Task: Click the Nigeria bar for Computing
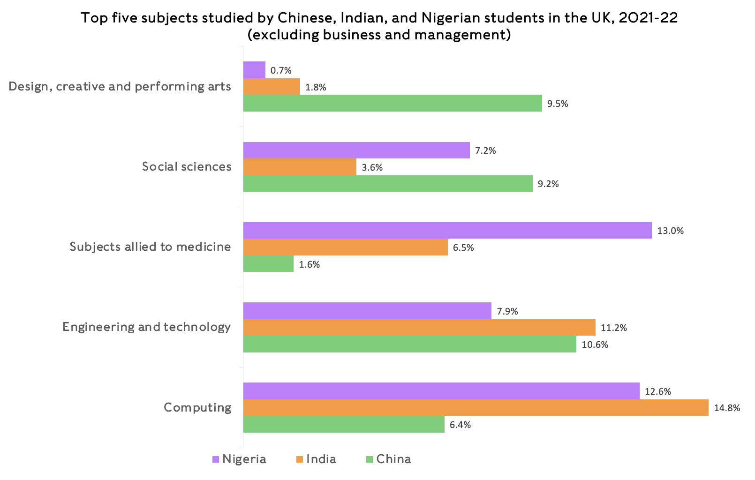[x=441, y=391]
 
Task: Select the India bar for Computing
[x=476, y=408]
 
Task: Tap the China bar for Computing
[x=343, y=425]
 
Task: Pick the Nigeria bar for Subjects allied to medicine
[x=447, y=231]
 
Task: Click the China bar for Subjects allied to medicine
[x=268, y=264]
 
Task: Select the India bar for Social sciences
[x=300, y=167]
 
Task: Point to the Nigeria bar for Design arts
[x=254, y=70]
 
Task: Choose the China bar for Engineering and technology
[x=409, y=344]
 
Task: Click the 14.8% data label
[x=727, y=408]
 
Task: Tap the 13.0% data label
[x=670, y=231]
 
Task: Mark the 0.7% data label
[x=281, y=70]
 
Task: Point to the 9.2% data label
[x=548, y=184]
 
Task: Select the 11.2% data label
[x=614, y=328]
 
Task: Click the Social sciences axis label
[x=187, y=166]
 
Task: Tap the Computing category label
[x=197, y=407]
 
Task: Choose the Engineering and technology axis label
[x=146, y=327]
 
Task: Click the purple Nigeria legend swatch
[x=216, y=459]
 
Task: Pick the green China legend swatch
[x=369, y=459]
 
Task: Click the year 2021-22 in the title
[x=648, y=18]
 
